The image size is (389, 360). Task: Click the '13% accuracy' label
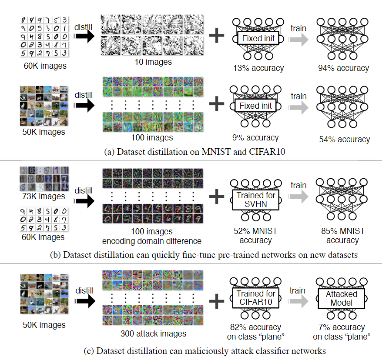pyautogui.click(x=258, y=68)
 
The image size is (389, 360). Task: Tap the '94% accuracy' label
pyautogui.click(x=343, y=68)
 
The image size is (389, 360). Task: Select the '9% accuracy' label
pyautogui.click(x=255, y=138)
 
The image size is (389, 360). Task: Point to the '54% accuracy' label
pyautogui.click(x=344, y=139)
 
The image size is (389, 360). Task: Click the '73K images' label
pyautogui.click(x=43, y=196)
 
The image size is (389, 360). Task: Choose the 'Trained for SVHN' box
pyautogui.click(x=255, y=200)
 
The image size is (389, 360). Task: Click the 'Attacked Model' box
pyautogui.click(x=341, y=299)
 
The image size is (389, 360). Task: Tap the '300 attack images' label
pyautogui.click(x=153, y=334)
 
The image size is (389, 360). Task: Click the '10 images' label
pyautogui.click(x=152, y=62)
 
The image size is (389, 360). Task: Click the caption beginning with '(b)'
pyautogui.click(x=194, y=255)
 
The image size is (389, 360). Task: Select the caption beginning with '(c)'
pyautogui.click(x=194, y=350)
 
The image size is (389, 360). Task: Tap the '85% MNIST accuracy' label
pyautogui.click(x=342, y=235)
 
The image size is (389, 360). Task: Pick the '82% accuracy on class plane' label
pyautogui.click(x=255, y=332)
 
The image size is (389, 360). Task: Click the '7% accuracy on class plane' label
pyautogui.click(x=342, y=332)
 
